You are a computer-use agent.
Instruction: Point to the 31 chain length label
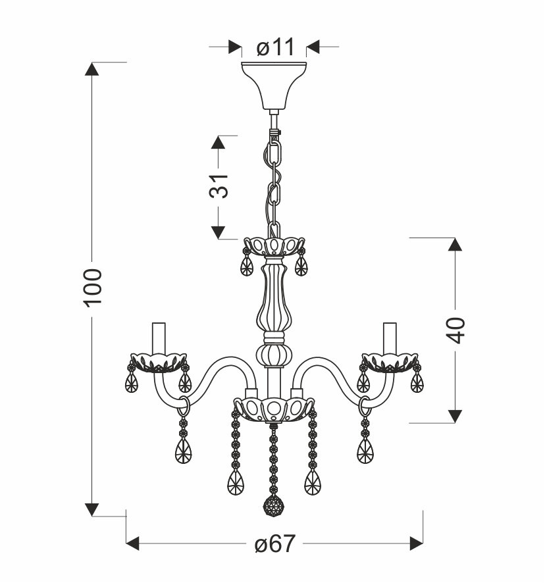coord(220,187)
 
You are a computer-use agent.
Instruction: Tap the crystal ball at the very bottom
coord(273,507)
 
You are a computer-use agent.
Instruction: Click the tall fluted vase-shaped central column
coord(273,296)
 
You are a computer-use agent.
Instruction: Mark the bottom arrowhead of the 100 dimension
coord(93,508)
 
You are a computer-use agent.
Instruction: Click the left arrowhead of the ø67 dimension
coord(134,544)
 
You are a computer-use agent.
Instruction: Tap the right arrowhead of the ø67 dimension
coord(415,544)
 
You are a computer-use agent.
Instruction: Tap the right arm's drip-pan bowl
coord(390,362)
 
